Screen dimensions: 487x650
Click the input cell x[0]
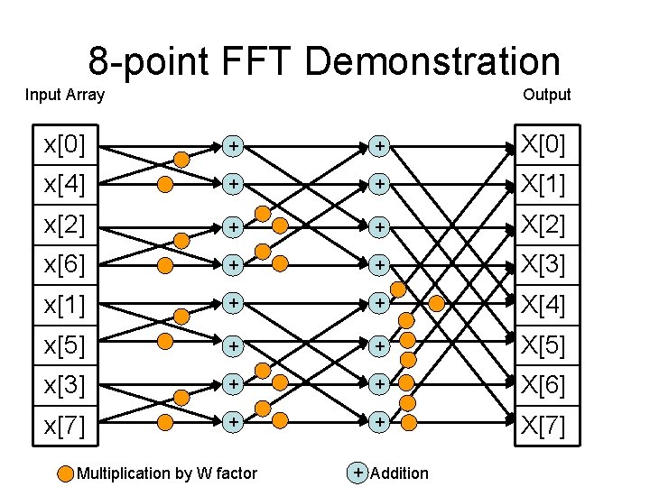point(66,144)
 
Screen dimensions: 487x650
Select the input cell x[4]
point(66,185)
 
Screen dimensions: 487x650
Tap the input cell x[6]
point(66,265)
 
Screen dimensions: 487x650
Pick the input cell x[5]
point(66,345)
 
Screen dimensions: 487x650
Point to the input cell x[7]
point(66,425)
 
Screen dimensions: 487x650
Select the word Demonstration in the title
point(432,61)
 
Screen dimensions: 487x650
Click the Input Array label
point(65,95)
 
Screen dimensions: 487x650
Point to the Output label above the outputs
point(546,95)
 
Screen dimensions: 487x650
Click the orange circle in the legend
point(66,473)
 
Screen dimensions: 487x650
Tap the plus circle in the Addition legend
point(358,472)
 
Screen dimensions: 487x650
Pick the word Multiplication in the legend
point(123,473)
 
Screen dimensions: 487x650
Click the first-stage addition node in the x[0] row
point(233,144)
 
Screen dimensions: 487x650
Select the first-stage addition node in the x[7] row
point(233,420)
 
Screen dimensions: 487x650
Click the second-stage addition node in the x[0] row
point(381,144)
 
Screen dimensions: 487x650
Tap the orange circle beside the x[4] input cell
point(165,185)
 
